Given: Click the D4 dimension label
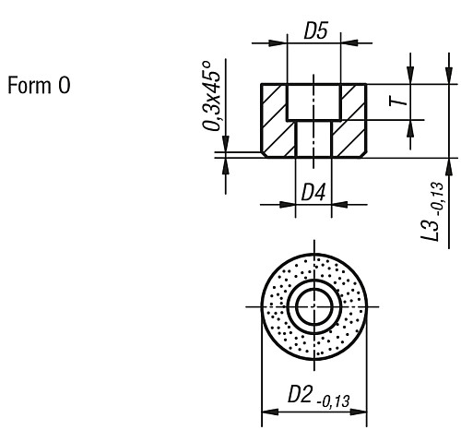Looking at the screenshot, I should click(x=313, y=192).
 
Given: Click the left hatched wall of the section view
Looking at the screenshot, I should click(x=275, y=120).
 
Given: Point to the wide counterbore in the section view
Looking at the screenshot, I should click(x=313, y=102).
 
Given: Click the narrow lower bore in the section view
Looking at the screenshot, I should click(x=313, y=138).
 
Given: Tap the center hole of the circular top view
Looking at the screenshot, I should click(x=313, y=305).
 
